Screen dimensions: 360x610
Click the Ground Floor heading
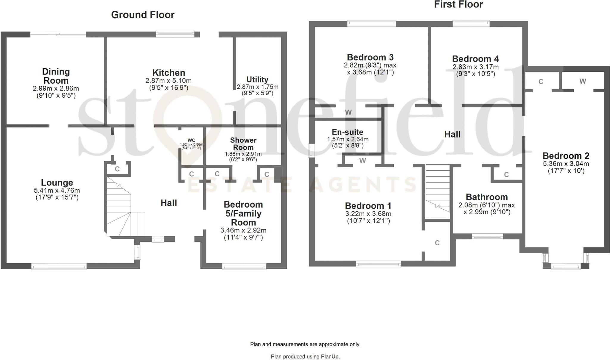click(x=143, y=15)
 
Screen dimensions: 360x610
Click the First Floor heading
click(x=458, y=4)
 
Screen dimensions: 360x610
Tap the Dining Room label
click(x=56, y=76)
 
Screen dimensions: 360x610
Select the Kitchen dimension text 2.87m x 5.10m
click(x=168, y=81)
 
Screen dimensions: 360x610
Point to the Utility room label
click(x=257, y=80)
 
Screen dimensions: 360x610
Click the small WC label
click(x=191, y=140)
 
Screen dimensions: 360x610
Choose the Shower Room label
click(x=243, y=144)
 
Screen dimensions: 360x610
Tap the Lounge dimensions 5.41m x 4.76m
click(x=57, y=191)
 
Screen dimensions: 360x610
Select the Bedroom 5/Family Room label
click(x=243, y=213)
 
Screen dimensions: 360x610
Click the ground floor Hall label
click(x=169, y=203)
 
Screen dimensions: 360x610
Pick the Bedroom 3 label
click(x=370, y=57)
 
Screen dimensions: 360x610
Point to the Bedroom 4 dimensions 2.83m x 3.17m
click(x=475, y=67)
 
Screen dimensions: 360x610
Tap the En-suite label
click(x=347, y=132)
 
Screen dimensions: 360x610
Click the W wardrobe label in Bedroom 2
click(x=583, y=81)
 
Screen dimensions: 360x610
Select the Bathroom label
click(x=486, y=197)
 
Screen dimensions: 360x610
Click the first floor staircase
click(x=437, y=188)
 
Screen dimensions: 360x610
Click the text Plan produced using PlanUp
click(x=305, y=356)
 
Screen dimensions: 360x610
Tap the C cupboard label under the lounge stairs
click(x=117, y=169)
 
